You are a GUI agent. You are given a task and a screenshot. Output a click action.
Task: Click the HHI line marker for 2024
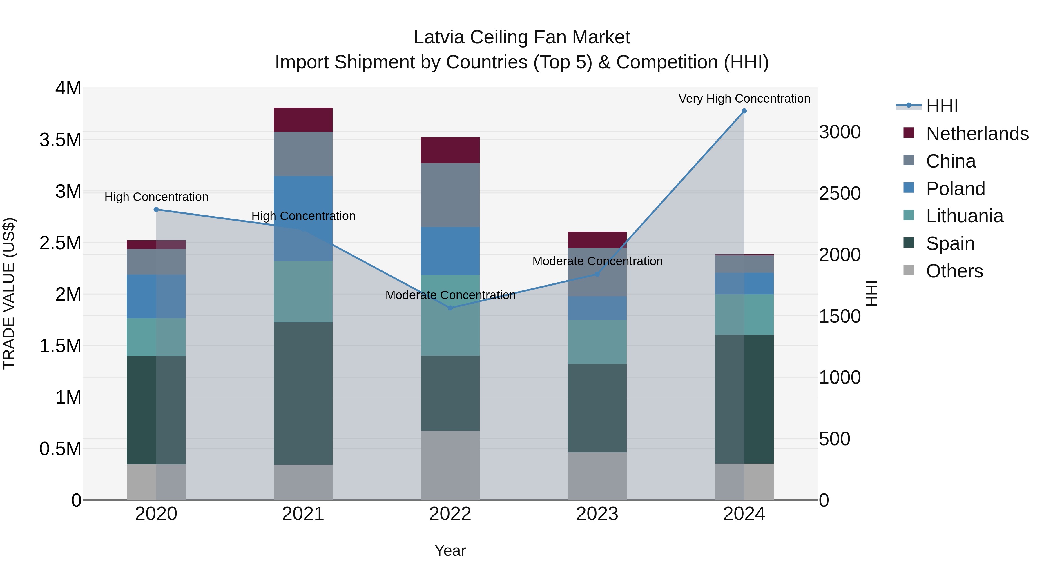click(744, 111)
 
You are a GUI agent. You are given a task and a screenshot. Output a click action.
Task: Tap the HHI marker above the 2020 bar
click(156, 210)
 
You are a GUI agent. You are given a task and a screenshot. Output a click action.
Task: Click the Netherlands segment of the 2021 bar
click(303, 120)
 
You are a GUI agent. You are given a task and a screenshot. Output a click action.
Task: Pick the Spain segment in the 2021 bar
click(303, 393)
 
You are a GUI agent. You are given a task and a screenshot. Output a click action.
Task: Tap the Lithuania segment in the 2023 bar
click(597, 342)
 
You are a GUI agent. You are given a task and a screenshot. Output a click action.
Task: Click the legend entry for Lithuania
click(965, 216)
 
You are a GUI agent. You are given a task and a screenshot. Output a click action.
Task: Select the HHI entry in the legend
click(942, 106)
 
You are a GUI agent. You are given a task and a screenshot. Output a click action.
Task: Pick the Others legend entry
click(954, 271)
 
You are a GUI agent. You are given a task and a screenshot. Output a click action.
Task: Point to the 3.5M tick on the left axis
click(60, 140)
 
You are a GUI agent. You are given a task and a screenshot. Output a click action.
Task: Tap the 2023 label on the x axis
click(597, 514)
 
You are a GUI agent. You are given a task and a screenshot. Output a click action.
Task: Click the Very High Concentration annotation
click(744, 99)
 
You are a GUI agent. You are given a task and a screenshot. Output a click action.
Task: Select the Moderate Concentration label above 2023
click(597, 261)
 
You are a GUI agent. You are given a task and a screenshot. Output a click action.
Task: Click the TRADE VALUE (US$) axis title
click(9, 293)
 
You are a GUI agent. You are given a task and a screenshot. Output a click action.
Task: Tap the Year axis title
click(450, 550)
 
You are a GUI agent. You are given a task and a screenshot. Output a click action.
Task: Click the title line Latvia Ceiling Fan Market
click(522, 37)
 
